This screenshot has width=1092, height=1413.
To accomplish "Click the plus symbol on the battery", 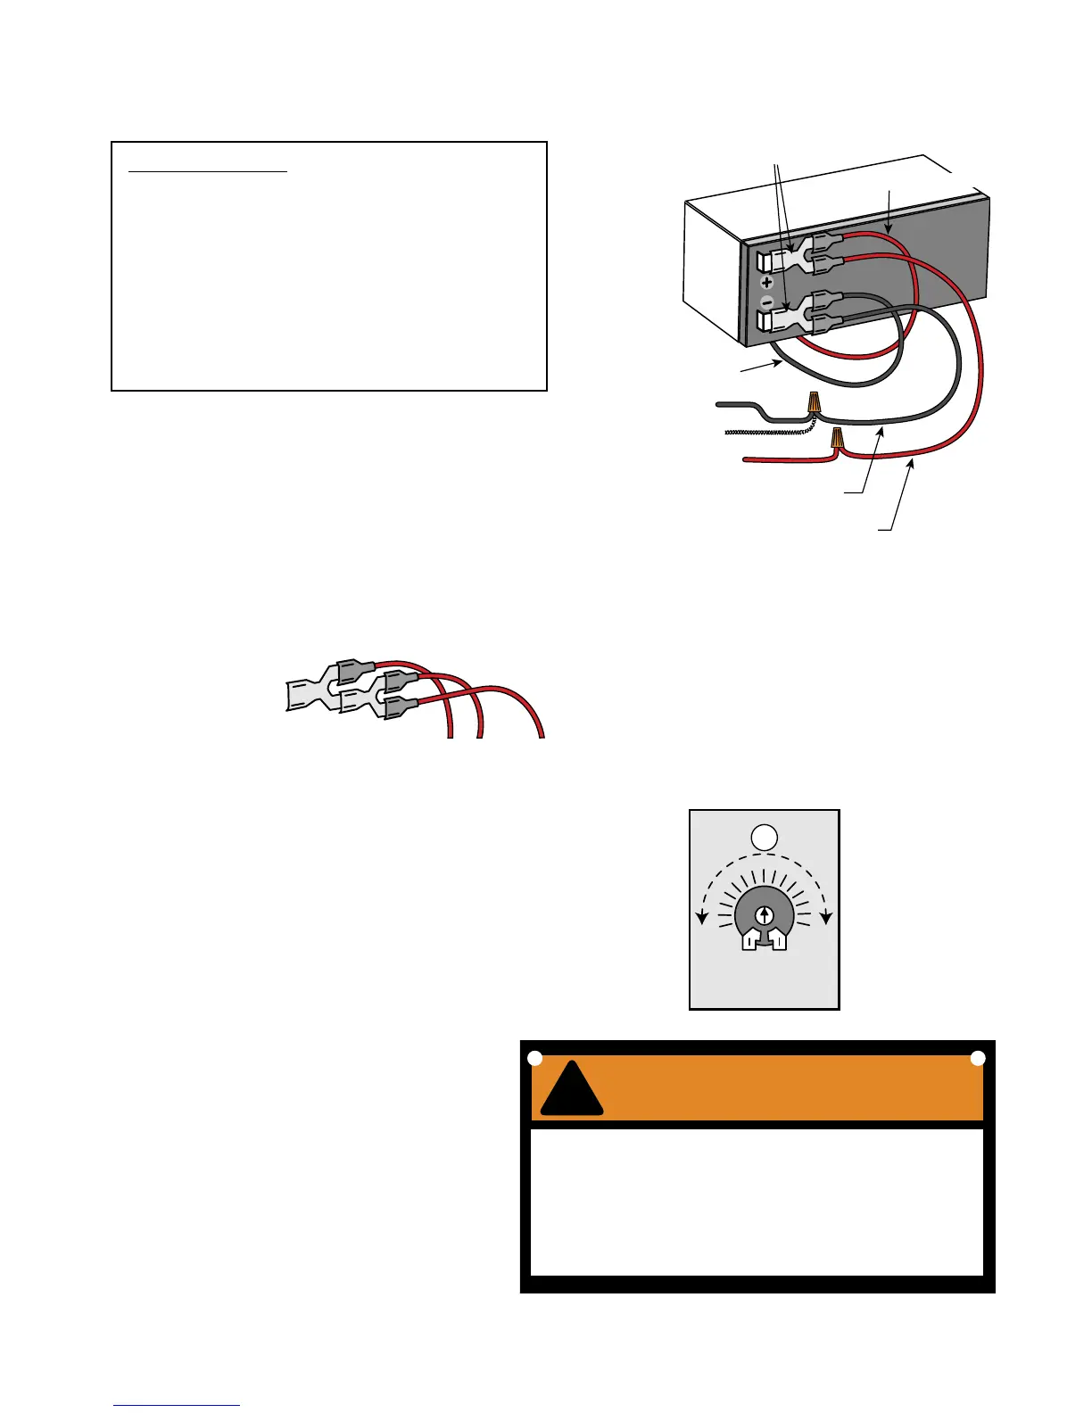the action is tap(766, 283).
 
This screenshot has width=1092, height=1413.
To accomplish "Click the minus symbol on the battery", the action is tap(766, 303).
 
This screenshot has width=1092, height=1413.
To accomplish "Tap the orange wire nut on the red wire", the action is tap(837, 438).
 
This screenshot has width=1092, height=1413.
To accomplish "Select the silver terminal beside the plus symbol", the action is tap(785, 259).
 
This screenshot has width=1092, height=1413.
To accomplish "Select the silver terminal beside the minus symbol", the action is tap(785, 318).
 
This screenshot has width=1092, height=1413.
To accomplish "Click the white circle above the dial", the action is tap(765, 837).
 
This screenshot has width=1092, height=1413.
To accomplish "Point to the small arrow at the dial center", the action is tap(765, 915).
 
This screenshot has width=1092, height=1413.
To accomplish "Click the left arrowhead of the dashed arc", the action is tap(702, 918).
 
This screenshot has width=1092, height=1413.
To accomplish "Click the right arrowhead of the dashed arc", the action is tap(827, 918).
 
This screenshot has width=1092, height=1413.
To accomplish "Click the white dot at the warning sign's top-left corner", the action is tap(534, 1058).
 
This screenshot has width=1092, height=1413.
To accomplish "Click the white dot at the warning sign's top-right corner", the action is tap(978, 1058).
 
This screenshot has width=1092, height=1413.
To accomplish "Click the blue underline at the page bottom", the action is tap(177, 1405).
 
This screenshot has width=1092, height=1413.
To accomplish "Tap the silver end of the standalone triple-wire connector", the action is tap(308, 695).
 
